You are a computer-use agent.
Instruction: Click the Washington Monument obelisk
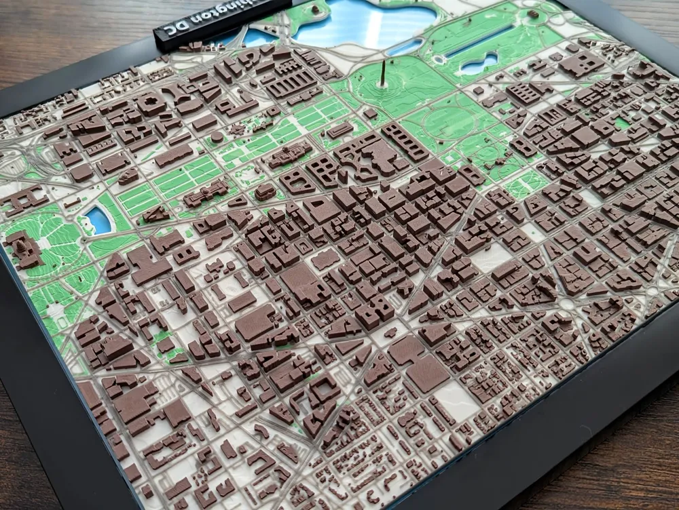click(x=384, y=73)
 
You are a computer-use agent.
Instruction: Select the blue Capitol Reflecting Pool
click(x=98, y=220)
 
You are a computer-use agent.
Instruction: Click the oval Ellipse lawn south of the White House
click(x=448, y=122)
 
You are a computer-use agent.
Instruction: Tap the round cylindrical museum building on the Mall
click(x=217, y=136)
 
